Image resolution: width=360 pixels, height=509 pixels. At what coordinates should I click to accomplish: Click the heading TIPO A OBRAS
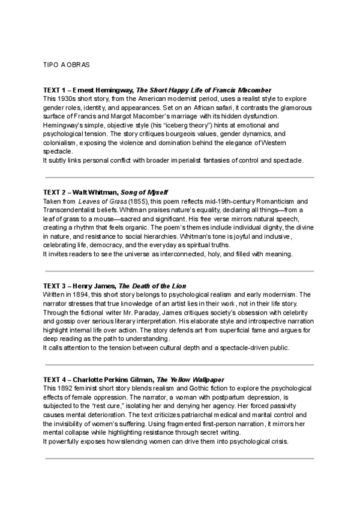pyautogui.click(x=68, y=64)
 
